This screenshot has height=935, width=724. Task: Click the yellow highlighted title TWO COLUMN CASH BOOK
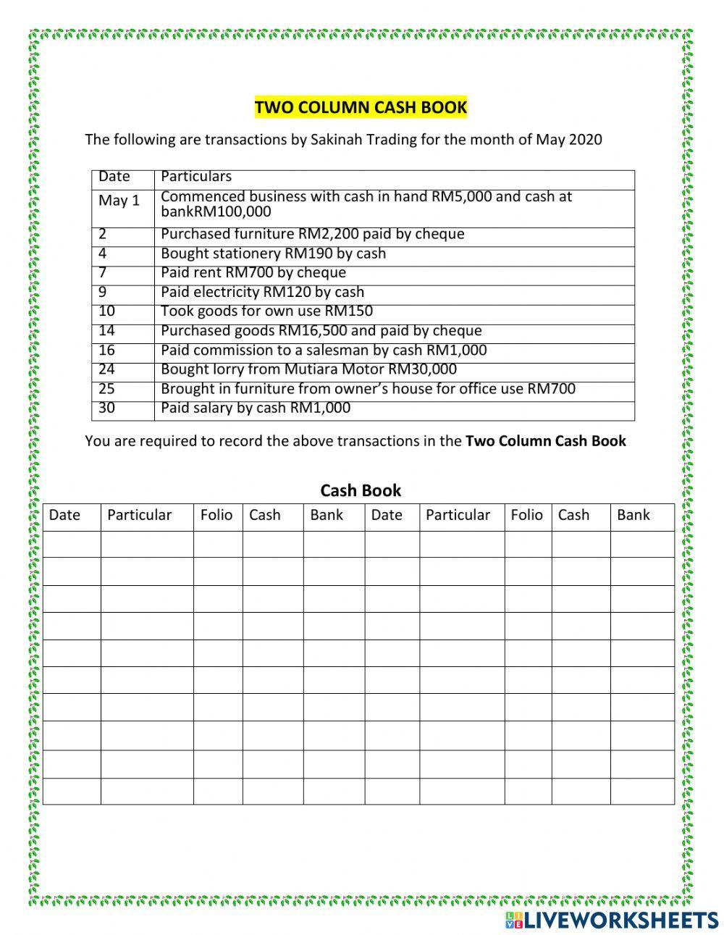361,108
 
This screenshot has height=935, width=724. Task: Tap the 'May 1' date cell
119,201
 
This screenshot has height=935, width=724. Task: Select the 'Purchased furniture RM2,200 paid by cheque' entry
312,235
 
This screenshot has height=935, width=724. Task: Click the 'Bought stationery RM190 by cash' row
273,253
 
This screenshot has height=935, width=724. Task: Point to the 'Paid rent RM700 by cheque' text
253,273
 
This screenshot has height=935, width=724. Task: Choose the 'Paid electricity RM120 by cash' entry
262,293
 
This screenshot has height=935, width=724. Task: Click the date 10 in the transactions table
107,311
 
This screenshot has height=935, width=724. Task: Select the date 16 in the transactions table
107,351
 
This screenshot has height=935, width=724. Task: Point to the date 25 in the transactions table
107,389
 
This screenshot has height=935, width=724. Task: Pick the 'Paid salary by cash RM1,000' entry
255,408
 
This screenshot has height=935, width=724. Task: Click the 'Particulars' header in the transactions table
195,177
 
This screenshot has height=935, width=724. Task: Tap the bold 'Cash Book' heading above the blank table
361,490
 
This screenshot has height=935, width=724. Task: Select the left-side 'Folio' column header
216,515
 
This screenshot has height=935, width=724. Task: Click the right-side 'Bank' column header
633,515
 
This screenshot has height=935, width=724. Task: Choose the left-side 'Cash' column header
264,515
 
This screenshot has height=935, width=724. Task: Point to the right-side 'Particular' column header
458,515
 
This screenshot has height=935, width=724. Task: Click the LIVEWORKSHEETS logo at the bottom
611,920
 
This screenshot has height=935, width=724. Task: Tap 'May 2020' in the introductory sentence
568,140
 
